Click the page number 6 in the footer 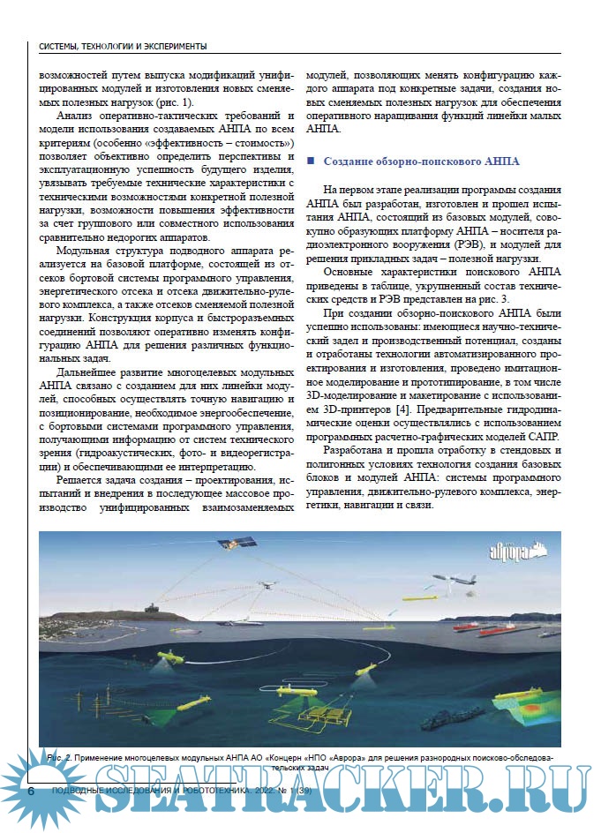31,792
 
